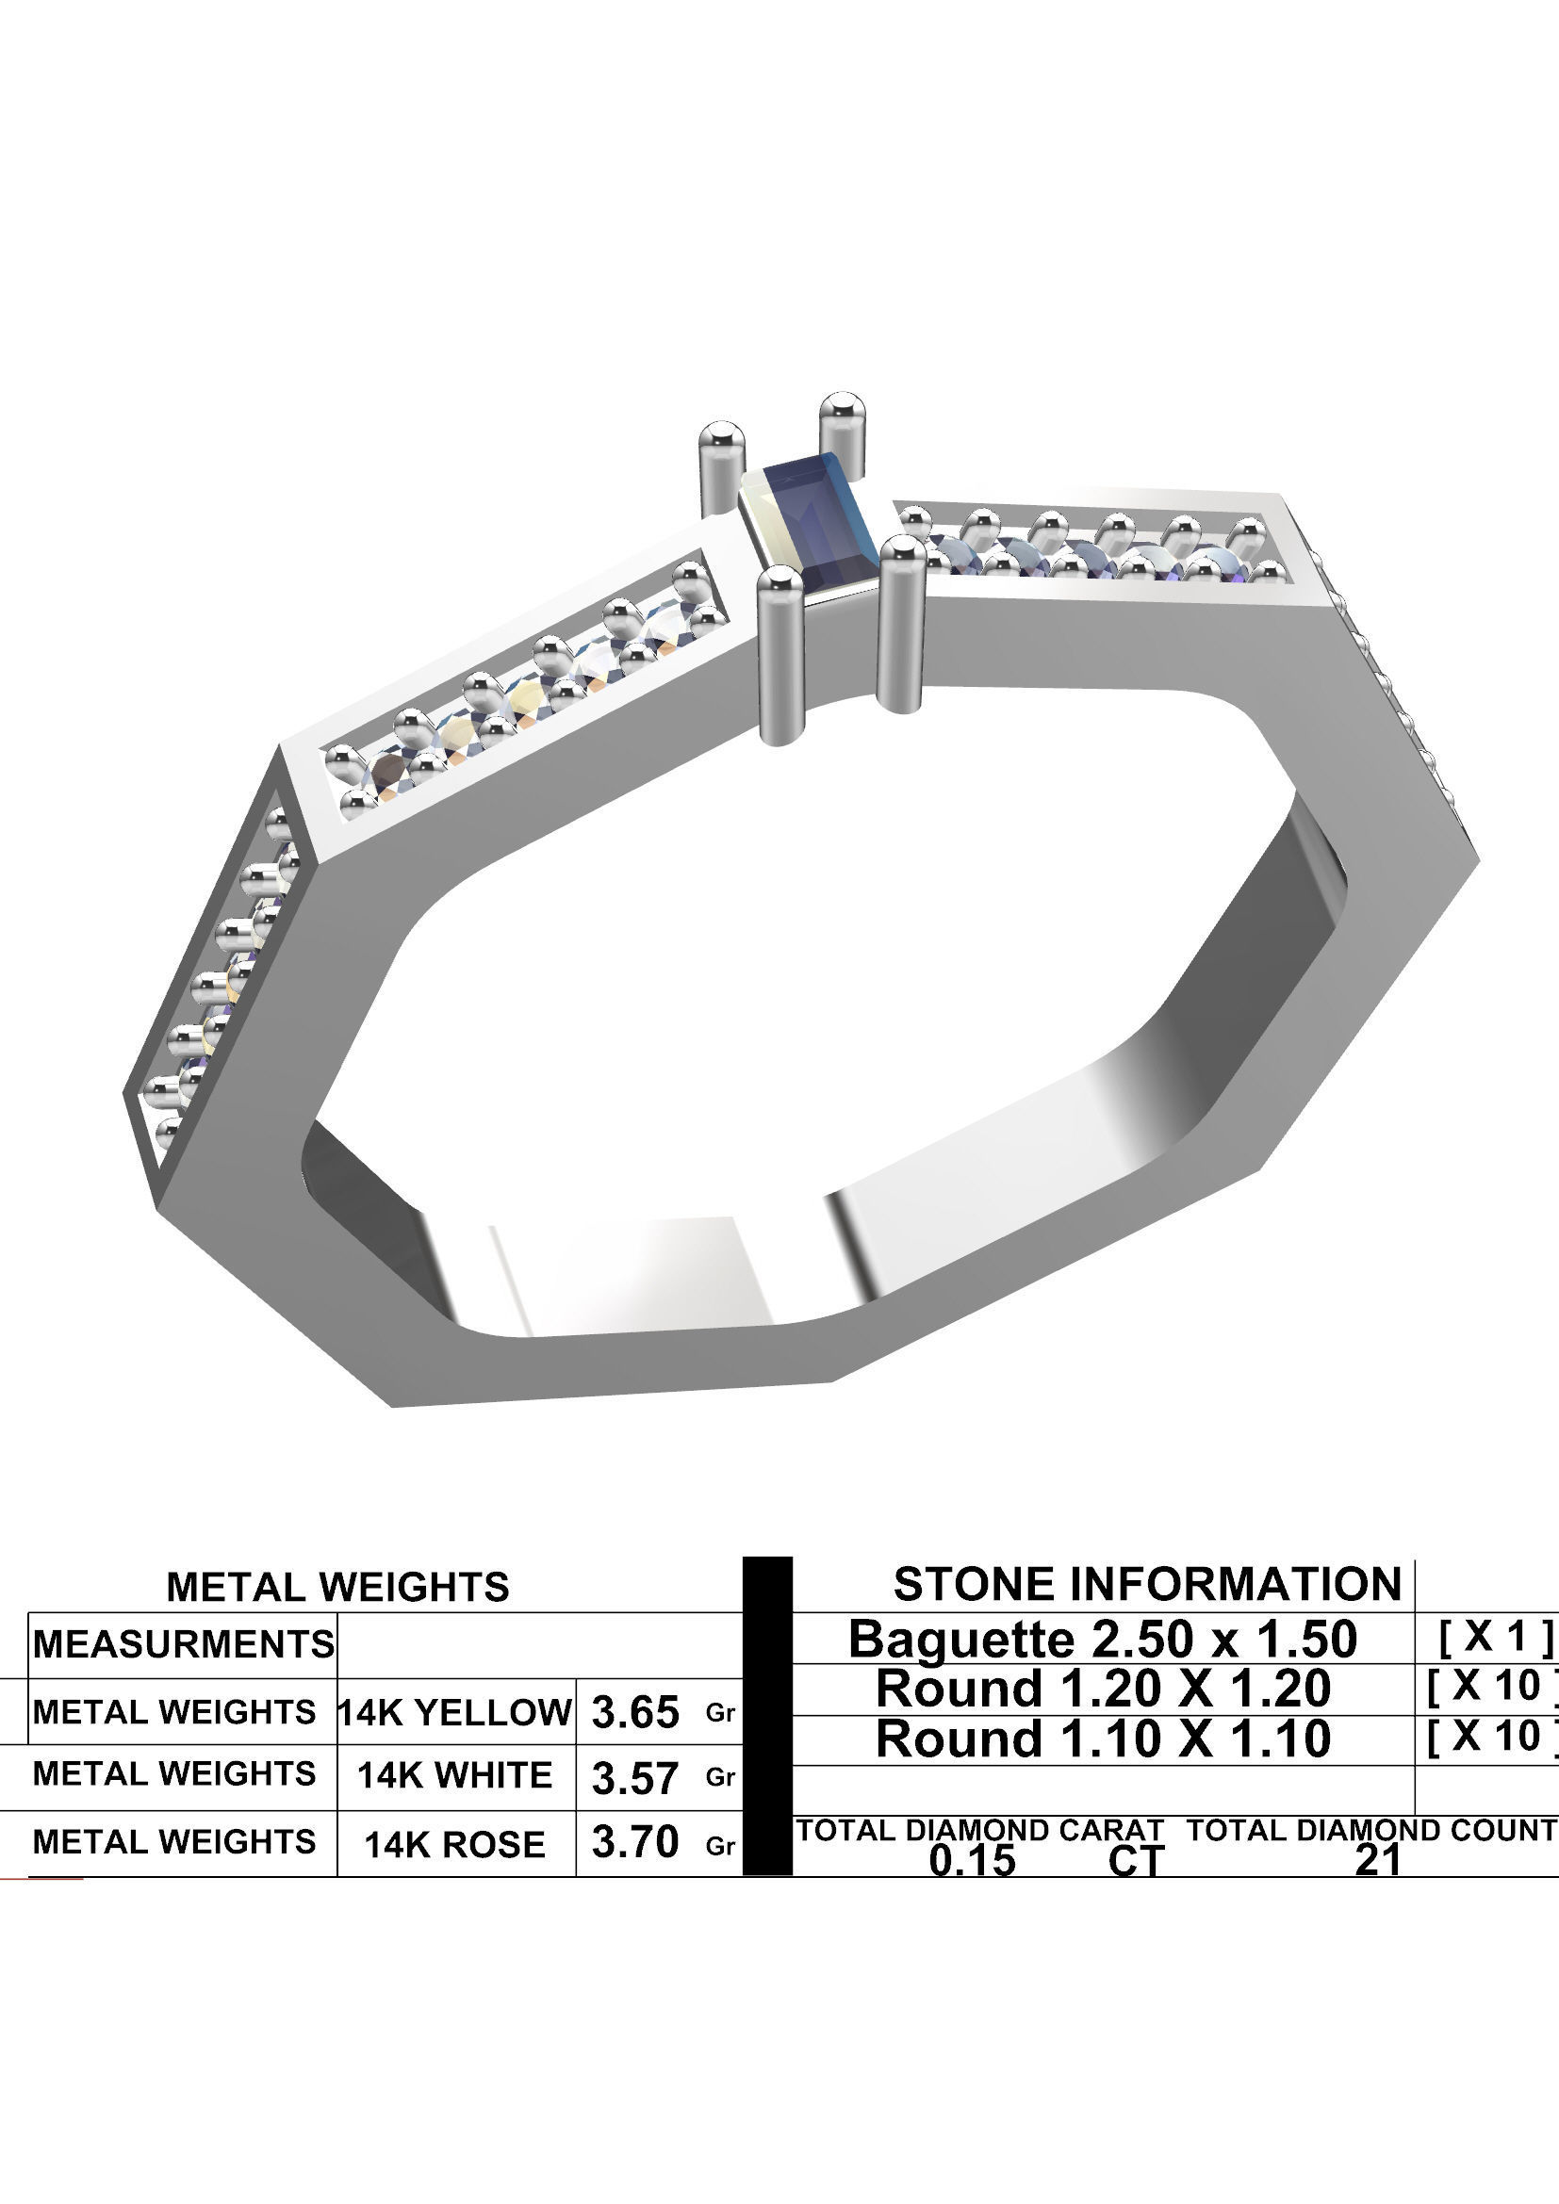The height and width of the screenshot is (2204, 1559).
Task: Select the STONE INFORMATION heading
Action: point(1147,1584)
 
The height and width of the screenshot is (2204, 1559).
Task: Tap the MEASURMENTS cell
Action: point(184,1644)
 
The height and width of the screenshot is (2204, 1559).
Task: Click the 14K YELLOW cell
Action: point(455,1712)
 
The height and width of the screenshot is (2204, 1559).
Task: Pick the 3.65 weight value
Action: point(634,1713)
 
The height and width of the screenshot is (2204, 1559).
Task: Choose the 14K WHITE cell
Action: point(455,1776)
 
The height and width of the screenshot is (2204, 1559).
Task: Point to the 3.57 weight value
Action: point(634,1779)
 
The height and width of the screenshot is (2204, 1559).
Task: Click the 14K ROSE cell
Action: point(455,1844)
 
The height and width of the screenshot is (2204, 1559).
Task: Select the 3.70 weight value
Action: point(634,1842)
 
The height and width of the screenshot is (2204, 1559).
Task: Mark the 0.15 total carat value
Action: point(972,1860)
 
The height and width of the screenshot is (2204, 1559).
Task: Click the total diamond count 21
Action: point(1378,1860)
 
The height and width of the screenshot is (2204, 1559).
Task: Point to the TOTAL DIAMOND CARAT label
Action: point(979,1830)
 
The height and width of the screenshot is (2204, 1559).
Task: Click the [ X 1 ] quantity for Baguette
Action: point(1494,1637)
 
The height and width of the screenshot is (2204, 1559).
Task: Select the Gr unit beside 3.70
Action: point(720,1846)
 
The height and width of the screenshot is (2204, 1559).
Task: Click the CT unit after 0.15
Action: point(1135,1861)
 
